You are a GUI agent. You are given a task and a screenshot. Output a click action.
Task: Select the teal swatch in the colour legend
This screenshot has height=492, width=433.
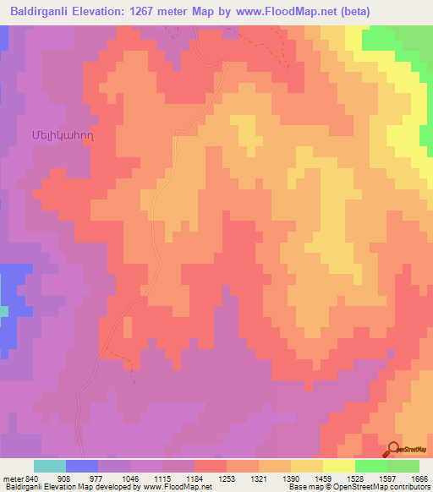pos(49,466)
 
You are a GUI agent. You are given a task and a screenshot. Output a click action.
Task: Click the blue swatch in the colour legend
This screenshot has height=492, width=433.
pos(81,466)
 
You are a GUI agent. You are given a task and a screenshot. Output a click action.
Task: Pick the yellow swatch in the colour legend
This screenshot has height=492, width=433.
pos(338,466)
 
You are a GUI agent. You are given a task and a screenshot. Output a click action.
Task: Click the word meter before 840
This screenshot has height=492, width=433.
pos(12,478)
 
